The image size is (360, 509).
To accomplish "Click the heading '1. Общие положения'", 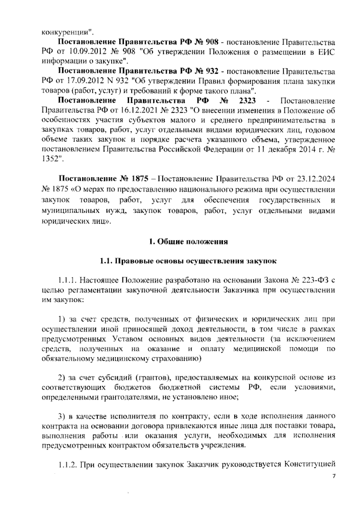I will pyautogui.click(x=188, y=242).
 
